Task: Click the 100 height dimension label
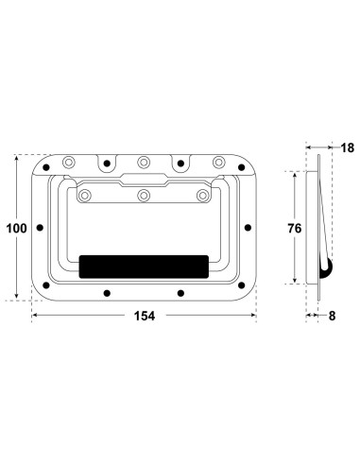16,228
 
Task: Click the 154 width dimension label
145,316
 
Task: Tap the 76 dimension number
295,228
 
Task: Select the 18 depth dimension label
348,147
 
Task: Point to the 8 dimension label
332,316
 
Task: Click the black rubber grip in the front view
144,267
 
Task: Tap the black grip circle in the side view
326,268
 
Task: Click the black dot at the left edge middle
40,228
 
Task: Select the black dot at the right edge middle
248,228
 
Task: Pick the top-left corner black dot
46,167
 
